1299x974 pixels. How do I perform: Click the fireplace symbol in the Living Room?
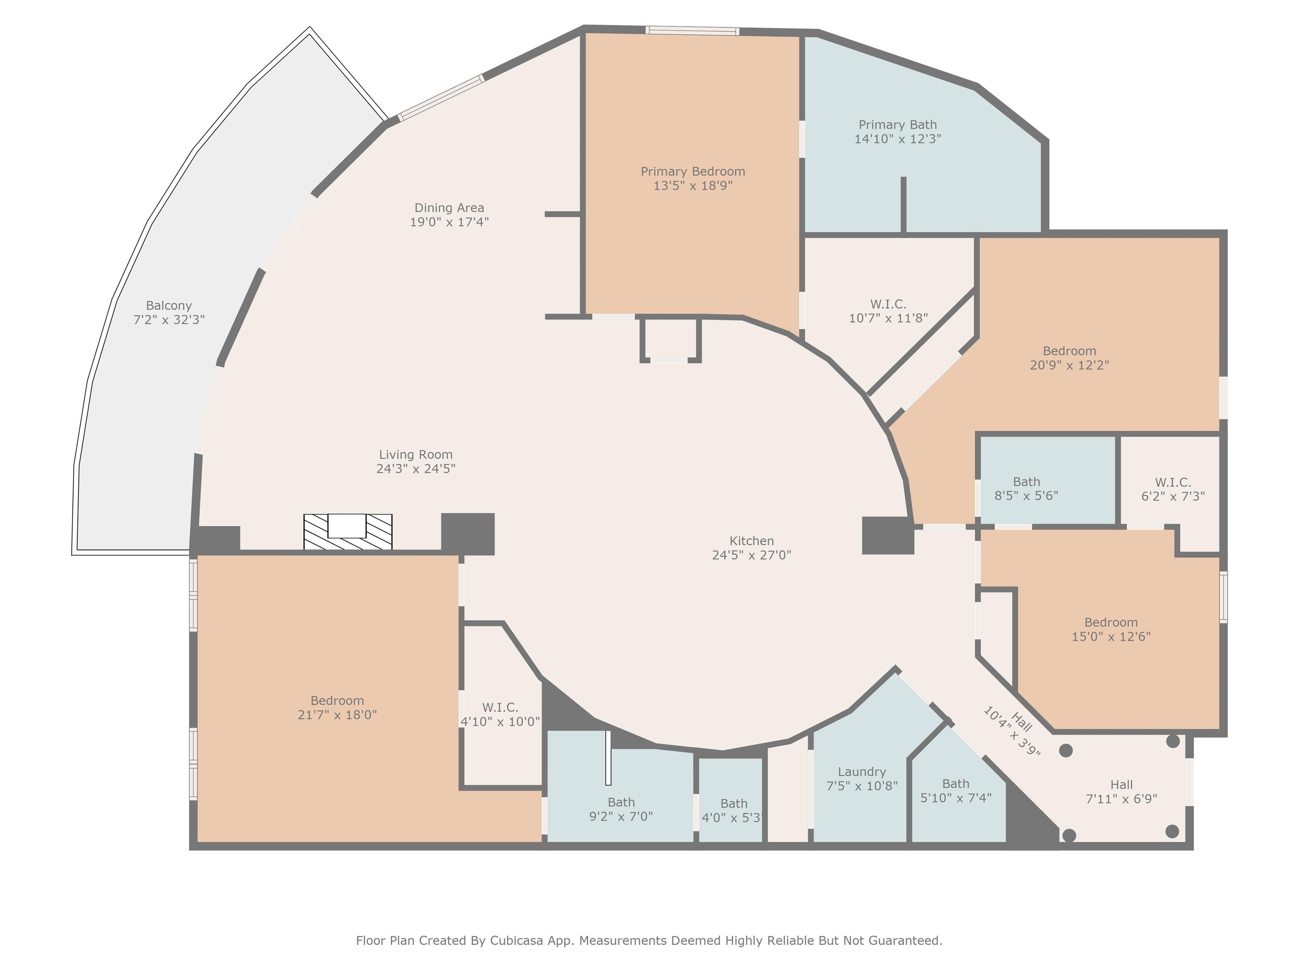pos(348,532)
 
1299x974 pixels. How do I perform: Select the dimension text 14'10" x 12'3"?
pos(898,139)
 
